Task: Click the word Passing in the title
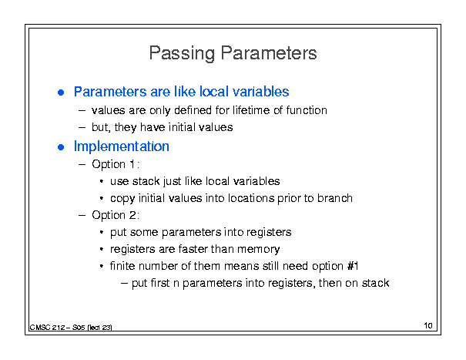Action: pyautogui.click(x=182, y=53)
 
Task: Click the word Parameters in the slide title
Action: pyautogui.click(x=269, y=53)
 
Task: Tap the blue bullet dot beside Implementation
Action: pyautogui.click(x=61, y=147)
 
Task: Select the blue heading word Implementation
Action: pyautogui.click(x=122, y=146)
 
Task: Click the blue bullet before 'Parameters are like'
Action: pyautogui.click(x=61, y=93)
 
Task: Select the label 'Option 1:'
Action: pyautogui.click(x=116, y=164)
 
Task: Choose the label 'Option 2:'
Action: pyautogui.click(x=116, y=215)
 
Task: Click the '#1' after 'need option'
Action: pyautogui.click(x=353, y=266)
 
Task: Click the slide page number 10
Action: pyautogui.click(x=428, y=325)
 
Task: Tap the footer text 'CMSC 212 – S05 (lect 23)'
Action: pyautogui.click(x=71, y=328)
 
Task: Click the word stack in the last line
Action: pyautogui.click(x=375, y=283)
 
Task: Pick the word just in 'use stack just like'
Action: pyautogui.click(x=170, y=181)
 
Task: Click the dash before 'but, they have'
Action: pyautogui.click(x=82, y=128)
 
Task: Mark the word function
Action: pyautogui.click(x=307, y=110)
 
